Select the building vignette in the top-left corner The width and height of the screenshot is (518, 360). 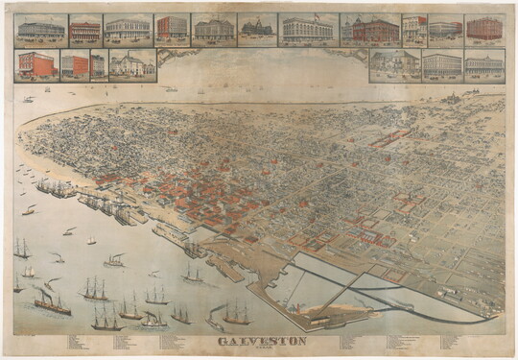40,30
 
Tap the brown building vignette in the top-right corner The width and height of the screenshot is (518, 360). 484,29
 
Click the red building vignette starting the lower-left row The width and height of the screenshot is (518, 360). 36,65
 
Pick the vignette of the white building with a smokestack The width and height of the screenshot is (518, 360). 132,64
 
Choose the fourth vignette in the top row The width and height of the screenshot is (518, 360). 172,29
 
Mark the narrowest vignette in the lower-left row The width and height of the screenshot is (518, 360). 97,65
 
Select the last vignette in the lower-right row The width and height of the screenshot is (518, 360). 484,64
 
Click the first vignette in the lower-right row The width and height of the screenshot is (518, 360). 393,64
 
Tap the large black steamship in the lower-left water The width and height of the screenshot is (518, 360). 52,302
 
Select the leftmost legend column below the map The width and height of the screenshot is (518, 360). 77,342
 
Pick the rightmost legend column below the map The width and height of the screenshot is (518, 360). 451,342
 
